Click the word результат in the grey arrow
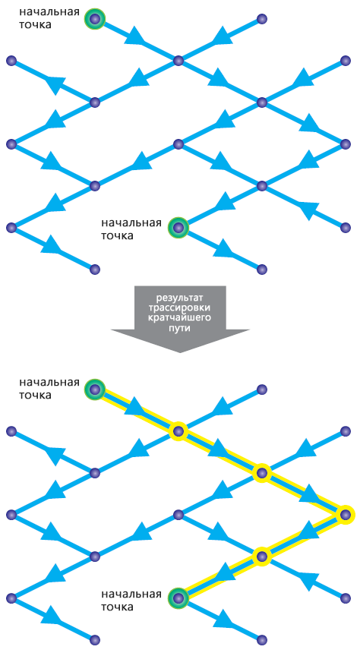tap(180, 298)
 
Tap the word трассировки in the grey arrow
tap(180, 308)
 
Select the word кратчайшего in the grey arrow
tap(180, 317)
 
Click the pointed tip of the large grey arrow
tap(180, 352)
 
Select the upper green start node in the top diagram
tap(95, 18)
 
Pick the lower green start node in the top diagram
tap(178, 228)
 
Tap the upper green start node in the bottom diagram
tap(95, 390)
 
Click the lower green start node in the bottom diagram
tap(178, 598)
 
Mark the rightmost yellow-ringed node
tap(346, 515)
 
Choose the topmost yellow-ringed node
tap(178, 431)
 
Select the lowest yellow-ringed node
tap(261, 556)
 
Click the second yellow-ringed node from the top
tap(261, 473)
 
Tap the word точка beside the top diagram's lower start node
tap(118, 235)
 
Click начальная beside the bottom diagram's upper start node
tap(49, 383)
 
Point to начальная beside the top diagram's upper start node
tap(49, 11)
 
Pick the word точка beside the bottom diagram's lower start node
tap(118, 607)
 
